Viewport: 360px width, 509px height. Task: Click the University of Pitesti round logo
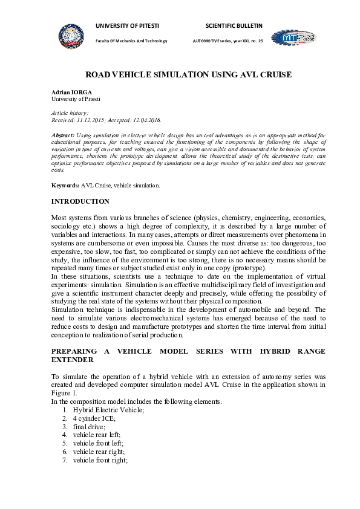(71, 35)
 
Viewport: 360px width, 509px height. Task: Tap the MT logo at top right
(293, 37)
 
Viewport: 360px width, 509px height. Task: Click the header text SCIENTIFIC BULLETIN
(234, 26)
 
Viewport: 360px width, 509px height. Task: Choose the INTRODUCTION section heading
(80, 201)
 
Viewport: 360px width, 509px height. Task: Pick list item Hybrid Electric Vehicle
(100, 410)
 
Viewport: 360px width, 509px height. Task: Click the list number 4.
(64, 435)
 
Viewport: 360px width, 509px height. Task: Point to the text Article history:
(70, 113)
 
